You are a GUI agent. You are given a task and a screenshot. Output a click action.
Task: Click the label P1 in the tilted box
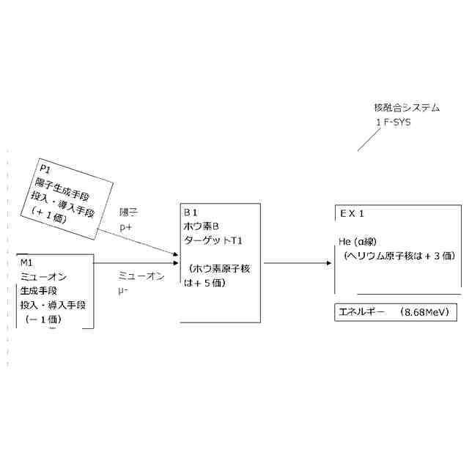pos(45,169)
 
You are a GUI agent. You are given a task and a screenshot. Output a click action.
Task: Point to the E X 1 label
pos(352,213)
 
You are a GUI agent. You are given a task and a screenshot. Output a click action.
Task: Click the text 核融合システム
pos(407,108)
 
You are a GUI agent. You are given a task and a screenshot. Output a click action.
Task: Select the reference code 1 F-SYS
pos(394,122)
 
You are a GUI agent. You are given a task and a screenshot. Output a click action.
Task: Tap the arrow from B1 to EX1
pos(296,262)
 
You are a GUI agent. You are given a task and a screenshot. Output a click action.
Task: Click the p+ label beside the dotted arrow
pos(126,227)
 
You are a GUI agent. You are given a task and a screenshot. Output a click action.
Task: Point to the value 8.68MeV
pos(426,312)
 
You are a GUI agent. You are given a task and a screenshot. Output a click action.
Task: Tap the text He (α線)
pos(357,241)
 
